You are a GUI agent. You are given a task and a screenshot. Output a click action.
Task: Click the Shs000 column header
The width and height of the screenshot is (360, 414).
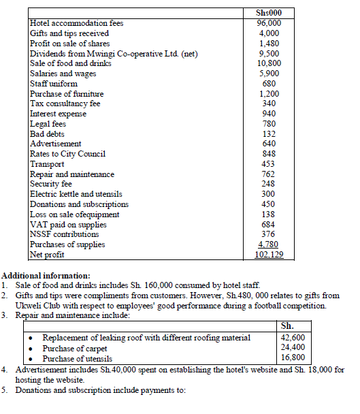click(x=269, y=13)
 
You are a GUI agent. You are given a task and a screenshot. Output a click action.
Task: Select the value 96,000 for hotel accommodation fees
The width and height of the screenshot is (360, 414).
click(x=269, y=22)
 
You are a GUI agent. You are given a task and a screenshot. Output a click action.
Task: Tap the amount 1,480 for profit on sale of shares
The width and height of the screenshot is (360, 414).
click(x=269, y=43)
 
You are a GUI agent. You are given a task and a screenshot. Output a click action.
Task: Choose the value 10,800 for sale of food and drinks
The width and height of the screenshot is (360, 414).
click(x=269, y=63)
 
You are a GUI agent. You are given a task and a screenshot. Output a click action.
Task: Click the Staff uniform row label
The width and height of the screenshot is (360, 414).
click(x=54, y=83)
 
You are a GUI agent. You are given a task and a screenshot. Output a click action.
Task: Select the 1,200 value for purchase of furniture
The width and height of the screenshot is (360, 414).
click(x=269, y=93)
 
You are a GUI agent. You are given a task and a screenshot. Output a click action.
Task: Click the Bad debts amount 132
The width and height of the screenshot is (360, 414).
click(x=269, y=134)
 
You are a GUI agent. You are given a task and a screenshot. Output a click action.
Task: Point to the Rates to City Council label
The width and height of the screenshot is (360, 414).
click(x=68, y=154)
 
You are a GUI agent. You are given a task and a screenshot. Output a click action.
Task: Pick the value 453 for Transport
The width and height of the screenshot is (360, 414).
click(x=269, y=164)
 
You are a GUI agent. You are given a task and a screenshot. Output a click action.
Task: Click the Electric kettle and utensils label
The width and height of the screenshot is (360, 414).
click(x=77, y=194)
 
